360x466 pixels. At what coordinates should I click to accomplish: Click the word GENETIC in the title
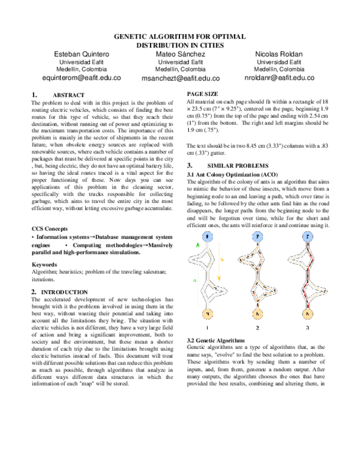[131, 37]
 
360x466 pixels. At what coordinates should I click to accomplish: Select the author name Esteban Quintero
[82, 55]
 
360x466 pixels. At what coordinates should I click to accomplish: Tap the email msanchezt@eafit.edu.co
[180, 78]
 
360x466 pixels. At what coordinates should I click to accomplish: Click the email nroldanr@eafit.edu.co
[279, 77]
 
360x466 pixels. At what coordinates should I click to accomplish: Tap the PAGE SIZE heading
[202, 94]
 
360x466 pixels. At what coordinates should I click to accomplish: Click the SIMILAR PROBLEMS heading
[236, 165]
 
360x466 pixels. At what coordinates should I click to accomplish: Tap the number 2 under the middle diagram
[257, 328]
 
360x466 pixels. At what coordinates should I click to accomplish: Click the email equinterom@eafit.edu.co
[82, 77]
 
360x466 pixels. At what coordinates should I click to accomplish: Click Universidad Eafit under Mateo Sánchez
[180, 62]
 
